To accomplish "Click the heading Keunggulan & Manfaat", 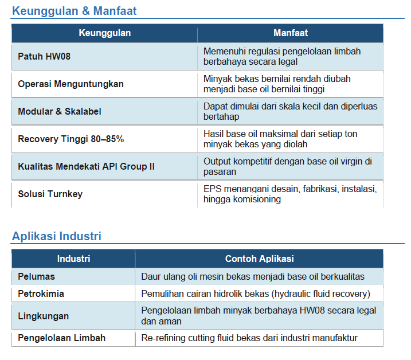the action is coord(75,11).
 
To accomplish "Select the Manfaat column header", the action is coord(291,33).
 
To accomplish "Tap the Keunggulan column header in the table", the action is coord(104,33).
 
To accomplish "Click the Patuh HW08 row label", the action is coord(44,56).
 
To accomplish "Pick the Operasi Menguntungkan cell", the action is coord(71,84).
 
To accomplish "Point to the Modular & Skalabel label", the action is coord(60,111).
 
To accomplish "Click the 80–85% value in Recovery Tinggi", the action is coord(107,139).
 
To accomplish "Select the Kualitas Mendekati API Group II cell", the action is coord(86,166).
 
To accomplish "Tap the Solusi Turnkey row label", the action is coord(50,194).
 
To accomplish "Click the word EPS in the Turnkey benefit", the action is coord(212,189).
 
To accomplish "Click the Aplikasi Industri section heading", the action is coord(57,236).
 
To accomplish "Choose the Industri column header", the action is coord(73,259).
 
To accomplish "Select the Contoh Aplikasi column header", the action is coord(260,259).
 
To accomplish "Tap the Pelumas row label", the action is coord(37,277).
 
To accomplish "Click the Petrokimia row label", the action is coord(41,294).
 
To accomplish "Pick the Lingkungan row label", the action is coord(43,316).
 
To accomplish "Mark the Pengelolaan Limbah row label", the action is coord(61,338).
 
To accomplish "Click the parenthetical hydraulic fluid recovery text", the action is coord(320,294).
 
